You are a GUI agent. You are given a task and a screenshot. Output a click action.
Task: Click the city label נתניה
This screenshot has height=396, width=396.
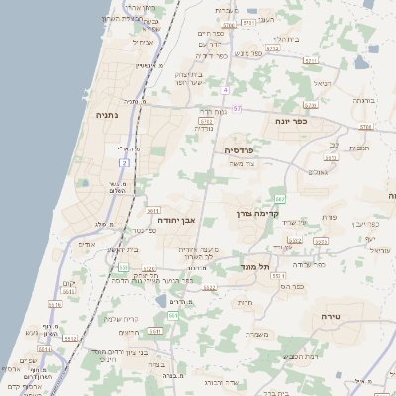point(105,115)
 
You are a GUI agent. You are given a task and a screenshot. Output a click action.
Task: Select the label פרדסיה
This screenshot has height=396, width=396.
point(240,150)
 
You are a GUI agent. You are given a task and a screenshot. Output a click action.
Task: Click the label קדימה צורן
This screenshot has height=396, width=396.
point(258,213)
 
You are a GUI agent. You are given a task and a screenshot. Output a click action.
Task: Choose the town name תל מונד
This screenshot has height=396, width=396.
point(254,267)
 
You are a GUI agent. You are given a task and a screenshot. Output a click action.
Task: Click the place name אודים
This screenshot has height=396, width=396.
point(86,243)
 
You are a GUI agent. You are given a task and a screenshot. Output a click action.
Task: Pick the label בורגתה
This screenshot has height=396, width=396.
point(364,100)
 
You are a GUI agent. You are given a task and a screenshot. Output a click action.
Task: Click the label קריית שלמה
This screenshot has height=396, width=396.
point(121,318)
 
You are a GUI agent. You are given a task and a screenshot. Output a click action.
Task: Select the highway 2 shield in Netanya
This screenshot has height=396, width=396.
point(124,161)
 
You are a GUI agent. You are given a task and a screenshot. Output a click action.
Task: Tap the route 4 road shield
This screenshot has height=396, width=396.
point(226,90)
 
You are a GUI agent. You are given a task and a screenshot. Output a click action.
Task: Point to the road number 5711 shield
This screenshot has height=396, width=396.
point(311,61)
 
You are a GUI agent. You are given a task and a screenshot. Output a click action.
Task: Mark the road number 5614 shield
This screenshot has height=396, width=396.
point(45,348)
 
